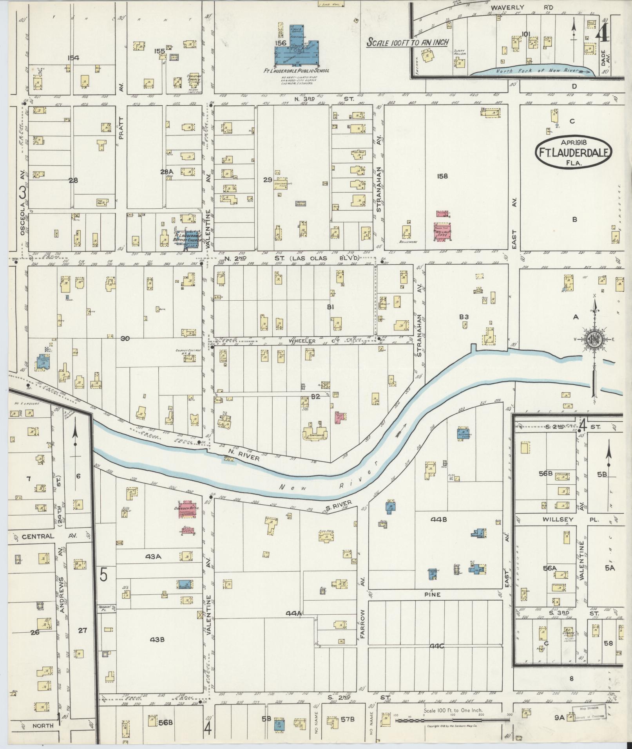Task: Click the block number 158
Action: click(442, 176)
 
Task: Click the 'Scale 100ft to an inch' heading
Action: click(407, 42)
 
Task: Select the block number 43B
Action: click(156, 639)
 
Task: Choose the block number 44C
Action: click(436, 646)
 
